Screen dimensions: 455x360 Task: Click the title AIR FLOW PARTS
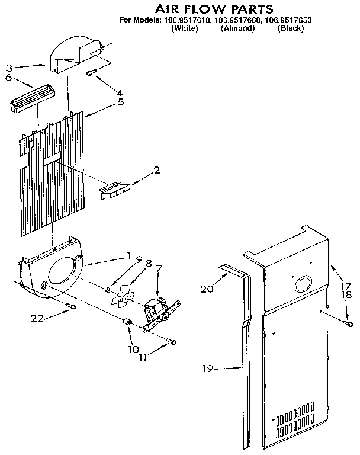[205, 9]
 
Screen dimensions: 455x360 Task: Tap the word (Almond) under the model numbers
[237, 28]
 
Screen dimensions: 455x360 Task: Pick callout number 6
[9, 77]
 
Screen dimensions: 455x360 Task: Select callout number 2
[156, 171]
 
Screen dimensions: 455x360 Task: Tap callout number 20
[206, 289]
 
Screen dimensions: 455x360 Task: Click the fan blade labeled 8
[123, 294]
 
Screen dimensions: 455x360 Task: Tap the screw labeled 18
[348, 322]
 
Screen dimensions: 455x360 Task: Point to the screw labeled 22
[71, 306]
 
